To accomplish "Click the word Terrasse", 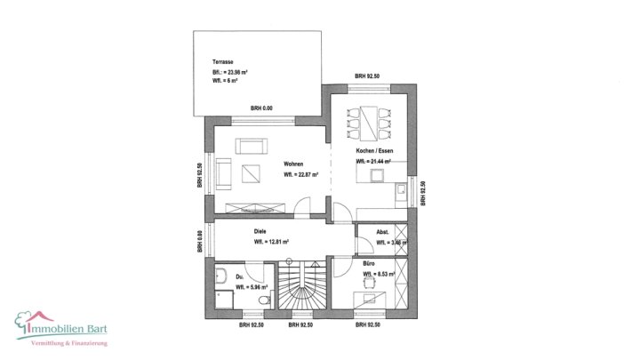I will pyautogui.click(x=223, y=61).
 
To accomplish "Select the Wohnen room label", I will pyautogui.click(x=294, y=164).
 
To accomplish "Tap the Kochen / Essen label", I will pyautogui.click(x=374, y=151).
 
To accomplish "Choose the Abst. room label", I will pyautogui.click(x=382, y=231).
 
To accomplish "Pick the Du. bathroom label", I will pyautogui.click(x=241, y=276).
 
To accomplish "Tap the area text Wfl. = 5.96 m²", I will pyautogui.click(x=252, y=288).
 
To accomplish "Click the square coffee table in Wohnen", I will pyautogui.click(x=250, y=173).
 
